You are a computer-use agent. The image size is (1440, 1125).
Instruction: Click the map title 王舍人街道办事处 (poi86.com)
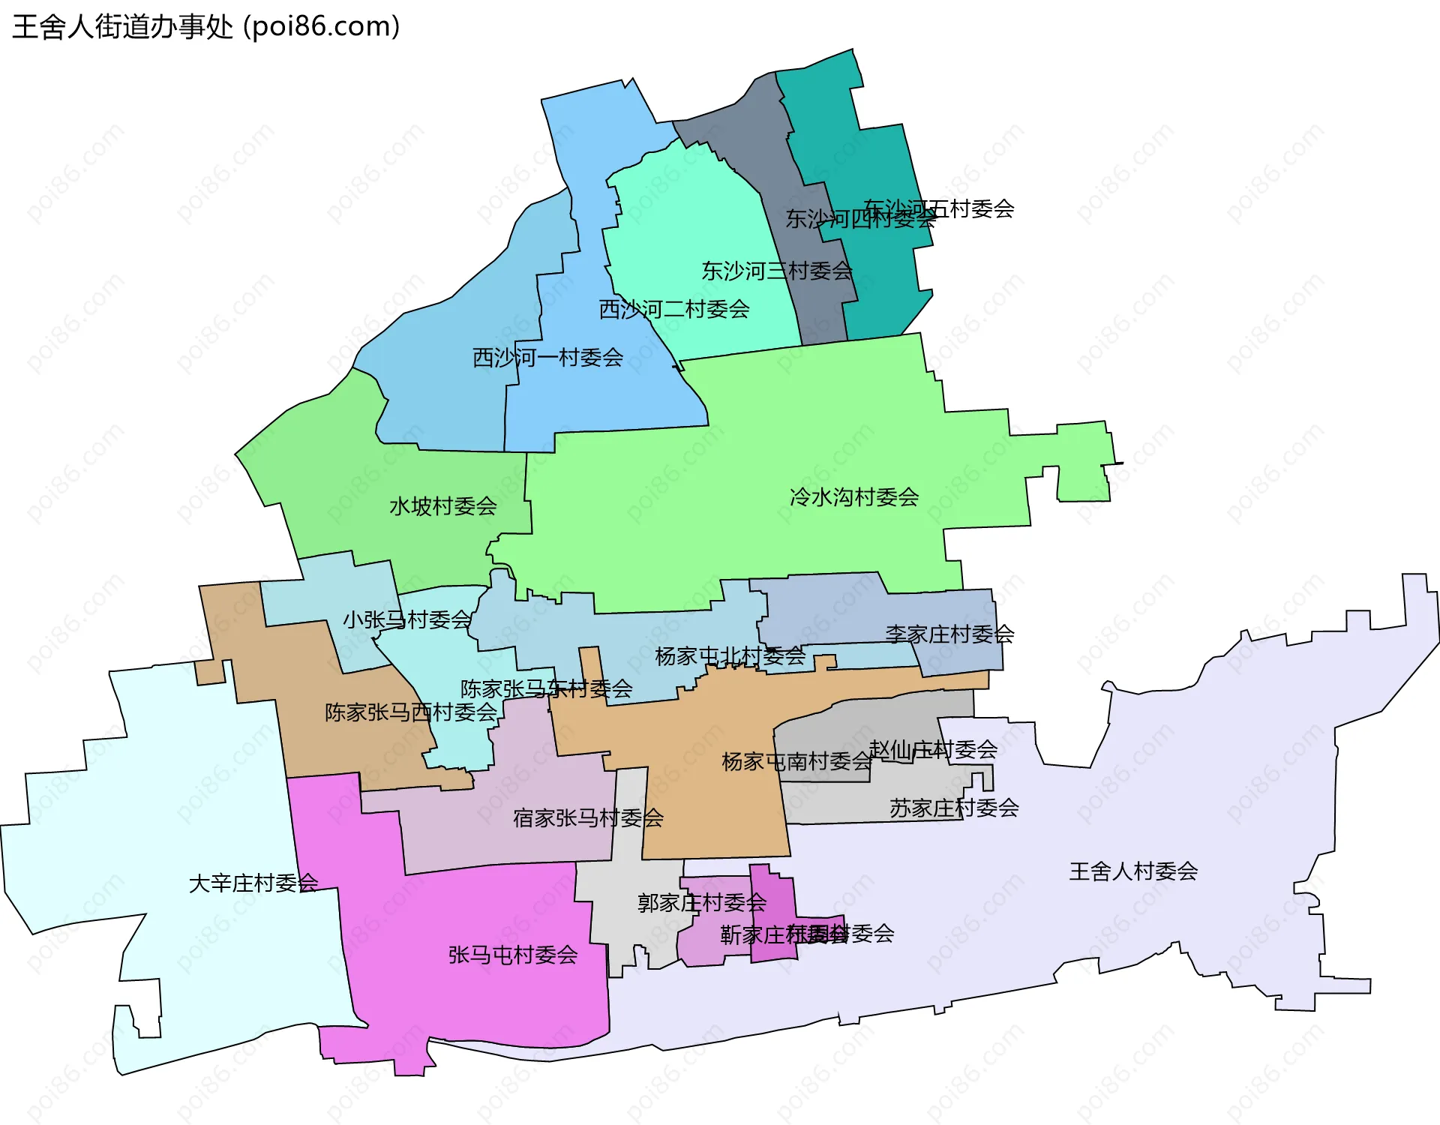point(206,27)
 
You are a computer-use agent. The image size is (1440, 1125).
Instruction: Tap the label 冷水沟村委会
point(854,497)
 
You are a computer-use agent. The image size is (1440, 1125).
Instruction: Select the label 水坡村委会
point(442,507)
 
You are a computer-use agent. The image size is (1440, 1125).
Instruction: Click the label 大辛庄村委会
point(253,883)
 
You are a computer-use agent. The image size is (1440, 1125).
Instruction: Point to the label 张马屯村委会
point(513,955)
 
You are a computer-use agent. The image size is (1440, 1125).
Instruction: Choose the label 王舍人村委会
point(1133,871)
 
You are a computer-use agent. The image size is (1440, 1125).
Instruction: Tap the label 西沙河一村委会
point(547,358)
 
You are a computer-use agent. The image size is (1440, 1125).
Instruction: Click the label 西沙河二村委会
point(674,309)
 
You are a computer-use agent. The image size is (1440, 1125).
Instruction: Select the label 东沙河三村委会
point(777,271)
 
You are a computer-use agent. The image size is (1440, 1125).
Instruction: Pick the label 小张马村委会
point(407,620)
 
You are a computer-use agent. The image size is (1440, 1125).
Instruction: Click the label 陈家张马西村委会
point(411,712)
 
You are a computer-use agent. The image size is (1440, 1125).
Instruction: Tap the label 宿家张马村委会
point(588,818)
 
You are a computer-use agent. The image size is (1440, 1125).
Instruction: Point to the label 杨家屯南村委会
point(796,762)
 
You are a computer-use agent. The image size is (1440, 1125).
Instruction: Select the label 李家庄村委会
point(949,634)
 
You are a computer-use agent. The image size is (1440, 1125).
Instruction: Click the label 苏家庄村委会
point(954,808)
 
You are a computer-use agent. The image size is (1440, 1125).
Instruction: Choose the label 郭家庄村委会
point(702,902)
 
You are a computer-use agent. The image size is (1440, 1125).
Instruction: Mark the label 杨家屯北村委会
point(730,656)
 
